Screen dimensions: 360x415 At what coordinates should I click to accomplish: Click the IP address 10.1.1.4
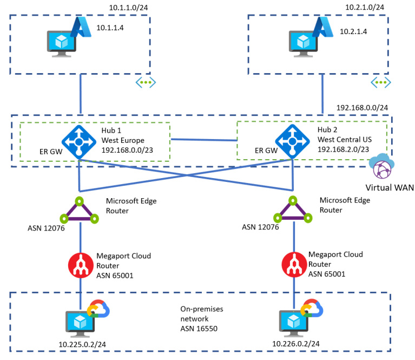click(x=111, y=27)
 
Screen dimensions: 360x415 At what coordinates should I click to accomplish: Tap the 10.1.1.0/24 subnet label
click(x=129, y=7)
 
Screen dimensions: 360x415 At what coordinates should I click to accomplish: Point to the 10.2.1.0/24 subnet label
click(x=365, y=7)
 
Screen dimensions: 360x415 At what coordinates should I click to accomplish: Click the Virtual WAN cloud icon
click(x=382, y=168)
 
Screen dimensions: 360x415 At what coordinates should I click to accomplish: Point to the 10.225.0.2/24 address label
click(x=77, y=343)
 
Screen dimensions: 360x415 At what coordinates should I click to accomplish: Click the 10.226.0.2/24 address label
click(x=295, y=343)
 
